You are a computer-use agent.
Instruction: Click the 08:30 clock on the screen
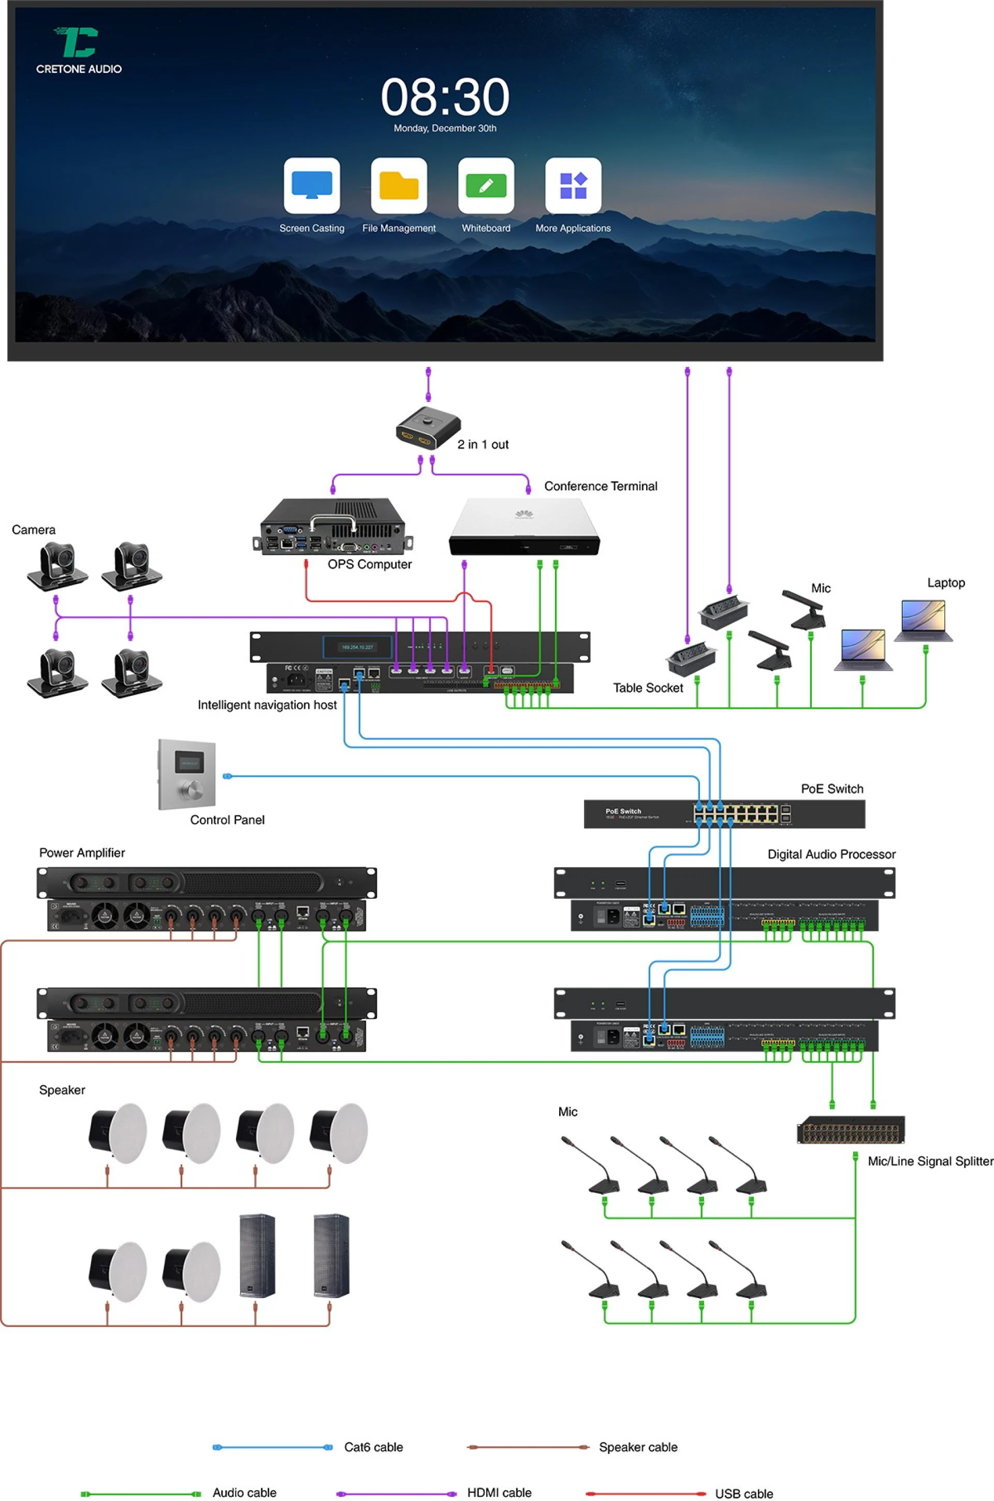(445, 97)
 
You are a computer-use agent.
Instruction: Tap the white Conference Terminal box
(523, 526)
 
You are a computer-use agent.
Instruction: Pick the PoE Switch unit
(724, 814)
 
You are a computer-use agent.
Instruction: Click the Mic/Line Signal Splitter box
(850, 1130)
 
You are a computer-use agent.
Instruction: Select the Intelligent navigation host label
(267, 705)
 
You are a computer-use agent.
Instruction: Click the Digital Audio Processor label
(831, 854)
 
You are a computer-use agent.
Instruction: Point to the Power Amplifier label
(82, 853)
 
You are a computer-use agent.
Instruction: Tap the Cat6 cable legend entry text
(373, 1447)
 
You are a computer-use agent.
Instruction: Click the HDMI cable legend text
(499, 1493)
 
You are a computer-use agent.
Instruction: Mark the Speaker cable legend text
(638, 1447)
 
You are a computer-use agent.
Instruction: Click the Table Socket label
(647, 688)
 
